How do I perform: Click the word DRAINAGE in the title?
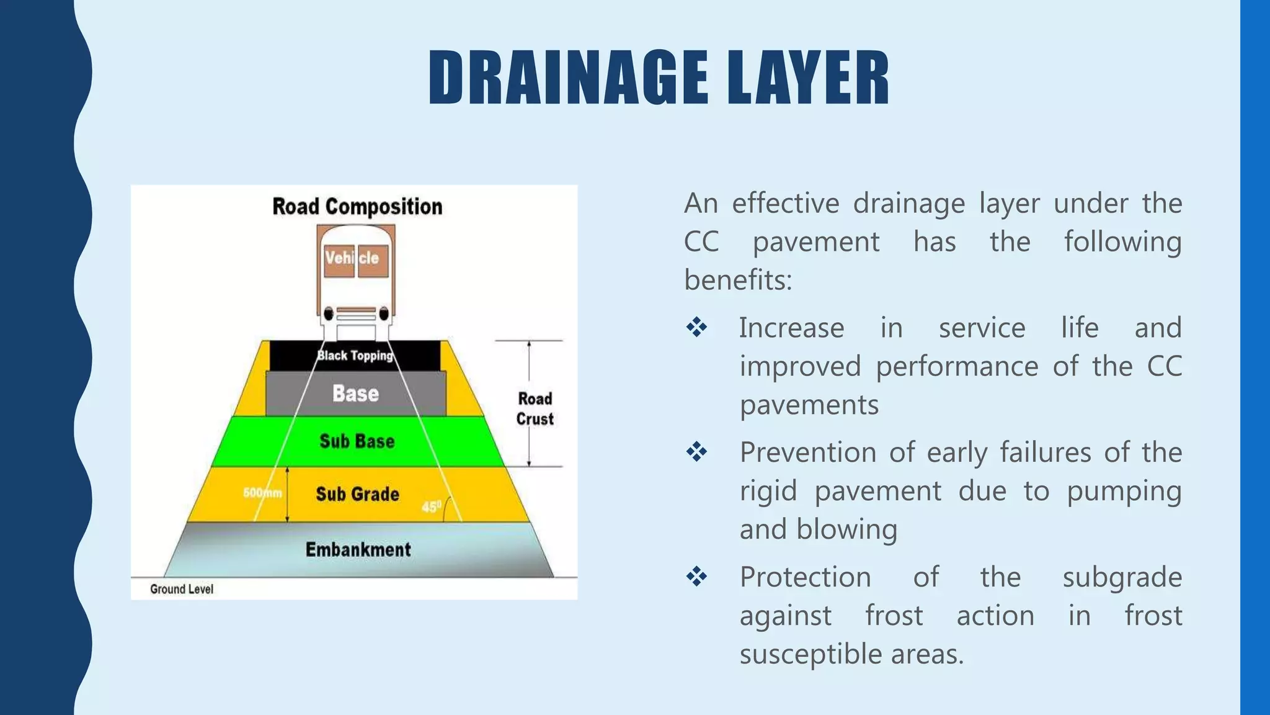coord(568,78)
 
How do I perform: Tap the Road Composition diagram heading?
coord(357,207)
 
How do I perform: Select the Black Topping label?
coord(355,356)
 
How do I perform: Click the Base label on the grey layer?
coord(355,393)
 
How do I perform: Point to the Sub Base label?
coord(357,441)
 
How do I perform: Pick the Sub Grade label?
coord(358,494)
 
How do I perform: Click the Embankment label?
coord(358,549)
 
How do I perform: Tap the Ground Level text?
coord(182,589)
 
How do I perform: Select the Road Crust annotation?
coord(535,408)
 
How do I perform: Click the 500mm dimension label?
coord(262,493)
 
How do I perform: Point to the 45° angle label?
coord(432,506)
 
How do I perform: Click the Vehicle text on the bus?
coord(352,258)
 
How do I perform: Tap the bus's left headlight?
coord(329,314)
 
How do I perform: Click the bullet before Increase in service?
coord(696,327)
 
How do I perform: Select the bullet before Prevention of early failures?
coord(696,452)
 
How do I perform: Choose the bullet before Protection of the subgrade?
coord(696,577)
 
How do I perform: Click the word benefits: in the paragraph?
coord(738,280)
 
